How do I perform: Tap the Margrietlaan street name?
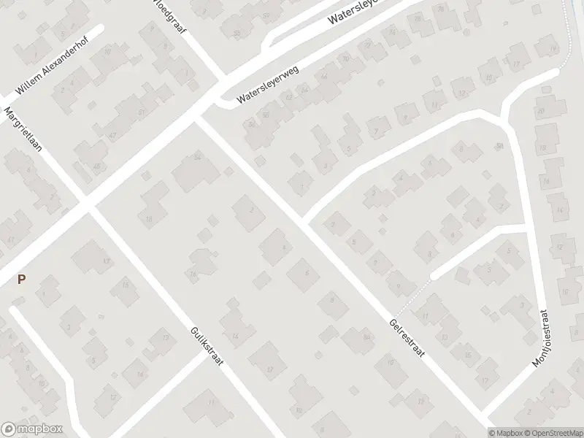coord(24,129)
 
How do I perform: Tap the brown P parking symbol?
coord(21,279)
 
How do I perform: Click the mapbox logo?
coord(31,429)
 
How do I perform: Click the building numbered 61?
coord(141,112)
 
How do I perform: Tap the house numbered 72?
coord(393,33)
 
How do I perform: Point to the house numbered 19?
coord(545,48)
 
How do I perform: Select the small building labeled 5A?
coord(500,146)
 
